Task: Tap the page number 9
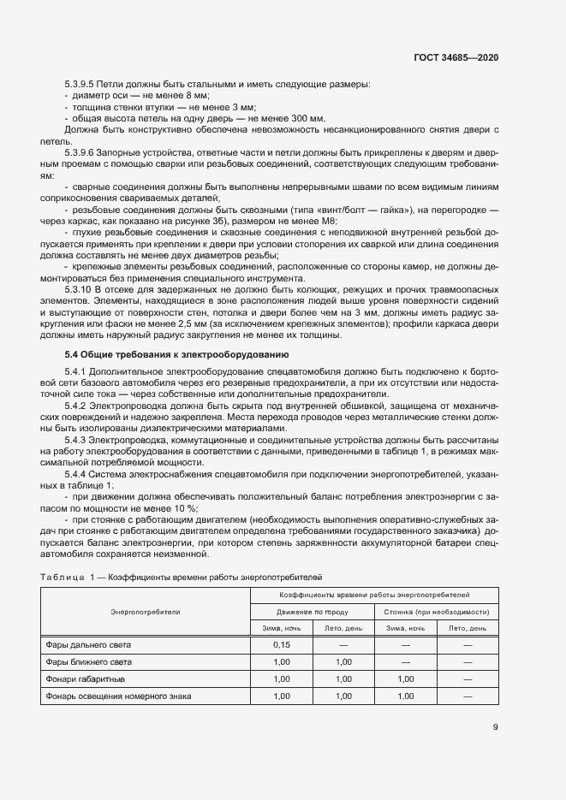point(496,728)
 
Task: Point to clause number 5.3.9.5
point(80,84)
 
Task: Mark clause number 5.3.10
point(78,287)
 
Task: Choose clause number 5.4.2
point(76,405)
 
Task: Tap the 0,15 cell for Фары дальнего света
point(281,644)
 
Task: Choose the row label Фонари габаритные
point(86,679)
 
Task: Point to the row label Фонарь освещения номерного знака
point(118,696)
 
